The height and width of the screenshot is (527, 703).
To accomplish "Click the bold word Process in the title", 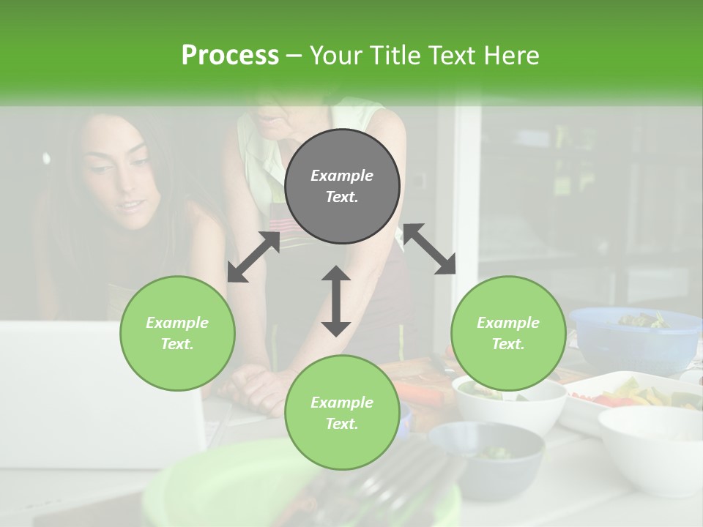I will pos(230,55).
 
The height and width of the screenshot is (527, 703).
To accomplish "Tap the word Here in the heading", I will pos(510,55).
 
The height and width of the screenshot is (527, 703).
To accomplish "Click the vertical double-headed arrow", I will pos(336,301).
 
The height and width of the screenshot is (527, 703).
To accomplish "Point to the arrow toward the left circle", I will pos(253,257).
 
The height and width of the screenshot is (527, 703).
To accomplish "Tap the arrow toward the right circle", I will pos(430,249).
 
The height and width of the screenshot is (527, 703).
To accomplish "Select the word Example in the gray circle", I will pos(342,176).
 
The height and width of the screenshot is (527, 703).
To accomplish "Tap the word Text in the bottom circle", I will pos(340,424).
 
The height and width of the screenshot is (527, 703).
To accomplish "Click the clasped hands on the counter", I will pos(256,384).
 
